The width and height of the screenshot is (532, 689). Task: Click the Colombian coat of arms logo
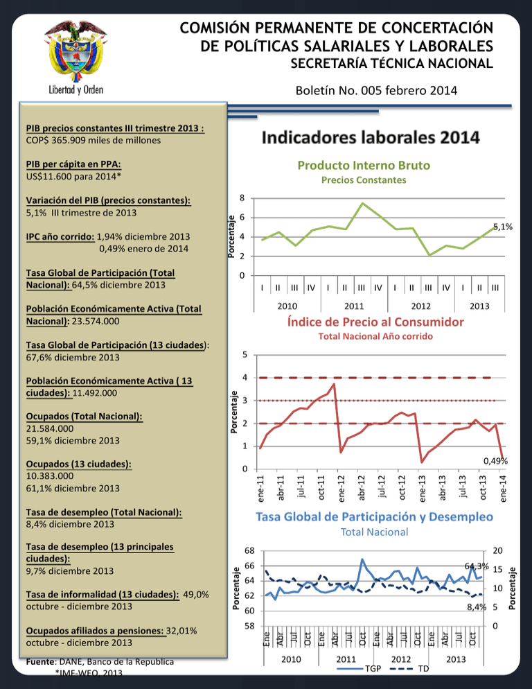click(x=76, y=51)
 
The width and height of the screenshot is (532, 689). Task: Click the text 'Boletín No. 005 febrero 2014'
click(x=376, y=91)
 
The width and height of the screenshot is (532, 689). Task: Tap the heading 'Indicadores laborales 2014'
click(x=371, y=137)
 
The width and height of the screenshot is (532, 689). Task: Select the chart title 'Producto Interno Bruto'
click(x=364, y=166)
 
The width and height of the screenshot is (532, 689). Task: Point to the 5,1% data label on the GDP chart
click(x=503, y=227)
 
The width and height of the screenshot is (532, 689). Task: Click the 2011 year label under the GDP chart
click(x=354, y=306)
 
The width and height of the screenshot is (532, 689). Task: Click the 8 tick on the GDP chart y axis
click(x=242, y=198)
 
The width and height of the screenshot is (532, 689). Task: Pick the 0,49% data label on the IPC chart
click(x=495, y=461)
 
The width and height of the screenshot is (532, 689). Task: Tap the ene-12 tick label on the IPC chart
click(x=342, y=488)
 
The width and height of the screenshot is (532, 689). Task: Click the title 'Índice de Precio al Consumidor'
click(x=375, y=322)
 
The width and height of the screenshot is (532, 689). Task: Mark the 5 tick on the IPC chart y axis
click(x=245, y=355)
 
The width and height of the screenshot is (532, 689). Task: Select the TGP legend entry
click(x=360, y=669)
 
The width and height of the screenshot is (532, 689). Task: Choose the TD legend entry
click(x=409, y=669)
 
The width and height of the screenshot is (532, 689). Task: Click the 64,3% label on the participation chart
click(x=477, y=566)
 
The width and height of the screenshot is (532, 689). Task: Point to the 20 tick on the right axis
click(x=498, y=550)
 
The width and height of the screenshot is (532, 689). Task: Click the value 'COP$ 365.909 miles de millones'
click(x=93, y=140)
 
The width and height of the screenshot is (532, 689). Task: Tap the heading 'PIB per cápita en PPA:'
click(x=73, y=164)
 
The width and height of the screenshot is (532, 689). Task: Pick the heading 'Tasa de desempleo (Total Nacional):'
click(x=104, y=512)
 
